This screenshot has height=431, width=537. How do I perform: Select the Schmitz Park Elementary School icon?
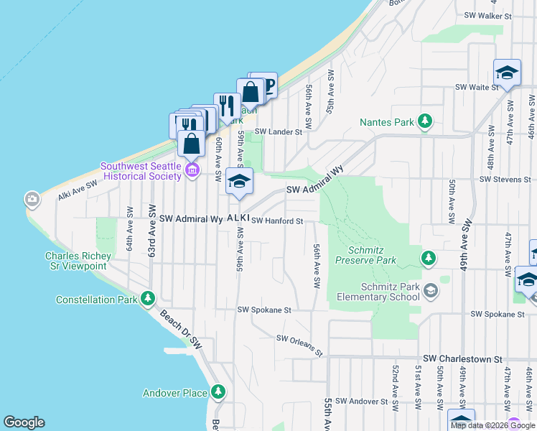[429, 291]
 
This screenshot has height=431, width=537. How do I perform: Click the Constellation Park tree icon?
[147, 298]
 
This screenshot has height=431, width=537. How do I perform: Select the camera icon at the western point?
[32, 199]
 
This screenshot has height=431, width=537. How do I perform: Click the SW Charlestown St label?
[464, 358]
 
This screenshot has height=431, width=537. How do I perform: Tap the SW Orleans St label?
[299, 345]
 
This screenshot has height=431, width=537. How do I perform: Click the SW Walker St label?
[487, 14]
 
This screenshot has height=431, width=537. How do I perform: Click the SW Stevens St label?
[505, 178]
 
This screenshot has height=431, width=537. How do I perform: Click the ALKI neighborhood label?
[238, 218]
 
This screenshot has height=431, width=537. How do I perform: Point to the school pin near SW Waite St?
[507, 73]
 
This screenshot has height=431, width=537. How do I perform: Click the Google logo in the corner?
[24, 422]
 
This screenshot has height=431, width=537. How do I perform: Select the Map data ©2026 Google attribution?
[492, 425]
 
